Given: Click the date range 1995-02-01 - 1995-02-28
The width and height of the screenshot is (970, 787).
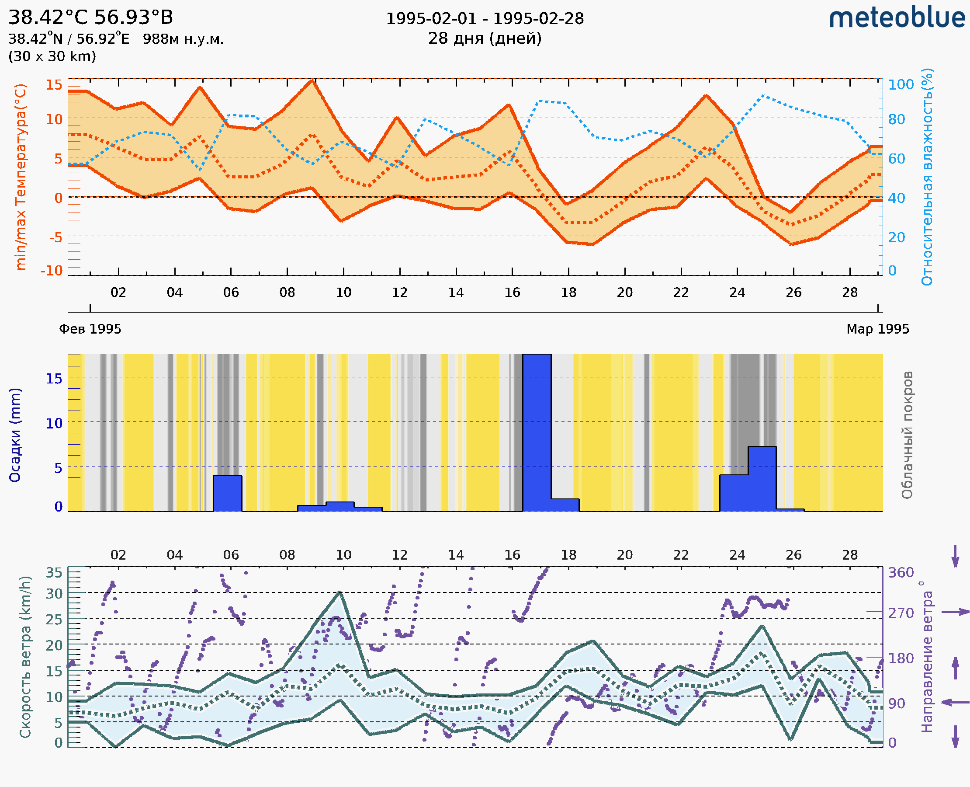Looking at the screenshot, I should pyautogui.click(x=485, y=19).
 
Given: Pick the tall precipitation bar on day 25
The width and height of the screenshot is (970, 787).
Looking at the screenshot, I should pyautogui.click(x=762, y=479).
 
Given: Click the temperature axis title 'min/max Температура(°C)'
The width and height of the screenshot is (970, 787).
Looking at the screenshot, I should pyautogui.click(x=21, y=177).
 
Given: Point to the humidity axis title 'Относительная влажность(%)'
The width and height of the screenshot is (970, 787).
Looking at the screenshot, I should pyautogui.click(x=927, y=177).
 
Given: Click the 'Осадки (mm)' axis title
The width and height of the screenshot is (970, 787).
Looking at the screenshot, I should pyautogui.click(x=15, y=435).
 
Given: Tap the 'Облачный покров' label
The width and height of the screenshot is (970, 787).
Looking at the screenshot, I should pyautogui.click(x=907, y=435).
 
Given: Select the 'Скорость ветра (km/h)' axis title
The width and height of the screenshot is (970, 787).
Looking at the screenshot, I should pyautogui.click(x=25, y=657).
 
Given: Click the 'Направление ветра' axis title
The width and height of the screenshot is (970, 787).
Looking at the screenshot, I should pyautogui.click(x=927, y=657).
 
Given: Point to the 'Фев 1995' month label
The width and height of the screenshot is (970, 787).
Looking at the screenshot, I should pyautogui.click(x=90, y=329).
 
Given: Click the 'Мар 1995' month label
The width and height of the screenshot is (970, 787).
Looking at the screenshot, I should pyautogui.click(x=877, y=329).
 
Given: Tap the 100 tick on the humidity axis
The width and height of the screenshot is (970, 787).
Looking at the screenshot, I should pyautogui.click(x=901, y=85).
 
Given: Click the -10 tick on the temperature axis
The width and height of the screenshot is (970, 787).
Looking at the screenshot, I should pyautogui.click(x=52, y=271).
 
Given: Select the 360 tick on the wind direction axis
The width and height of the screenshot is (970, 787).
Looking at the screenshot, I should pyautogui.click(x=901, y=573).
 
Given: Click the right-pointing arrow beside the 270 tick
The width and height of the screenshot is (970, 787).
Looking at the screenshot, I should pyautogui.click(x=955, y=612).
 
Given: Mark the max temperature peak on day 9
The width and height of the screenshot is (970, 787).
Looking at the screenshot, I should pyautogui.click(x=312, y=80).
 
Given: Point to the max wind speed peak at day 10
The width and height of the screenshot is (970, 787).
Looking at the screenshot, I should pyautogui.click(x=340, y=592).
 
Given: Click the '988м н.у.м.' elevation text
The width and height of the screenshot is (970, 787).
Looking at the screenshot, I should pyautogui.click(x=184, y=39).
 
